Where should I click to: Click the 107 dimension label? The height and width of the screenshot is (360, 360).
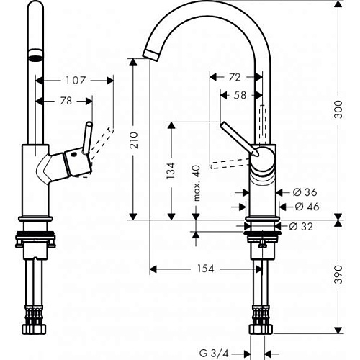[76, 81]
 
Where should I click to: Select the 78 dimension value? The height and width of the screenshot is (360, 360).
[66, 101]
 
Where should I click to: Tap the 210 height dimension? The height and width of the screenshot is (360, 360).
[134, 140]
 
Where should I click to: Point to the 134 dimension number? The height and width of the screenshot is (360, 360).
[171, 171]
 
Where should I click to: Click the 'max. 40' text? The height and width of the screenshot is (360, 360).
[197, 183]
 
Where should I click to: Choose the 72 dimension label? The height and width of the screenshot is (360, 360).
[235, 77]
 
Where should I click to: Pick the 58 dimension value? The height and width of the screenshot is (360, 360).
[240, 95]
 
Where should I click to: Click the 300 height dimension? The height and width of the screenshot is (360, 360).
[338, 109]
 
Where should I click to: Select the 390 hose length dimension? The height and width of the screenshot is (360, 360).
[338, 274]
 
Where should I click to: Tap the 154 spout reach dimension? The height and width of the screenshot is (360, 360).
[205, 269]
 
